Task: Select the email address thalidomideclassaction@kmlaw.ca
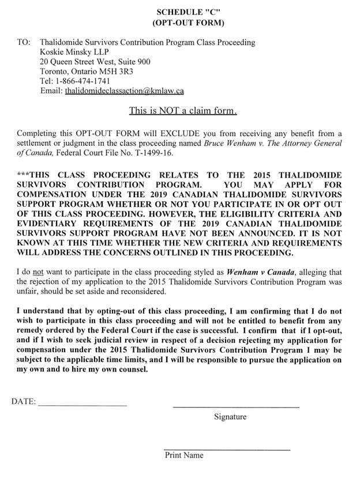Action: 124,90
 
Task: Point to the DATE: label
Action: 23,401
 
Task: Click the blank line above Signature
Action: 236,407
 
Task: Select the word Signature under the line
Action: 230,417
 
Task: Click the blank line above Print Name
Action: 227,450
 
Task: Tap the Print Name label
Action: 184,455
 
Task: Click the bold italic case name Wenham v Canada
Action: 257,272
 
